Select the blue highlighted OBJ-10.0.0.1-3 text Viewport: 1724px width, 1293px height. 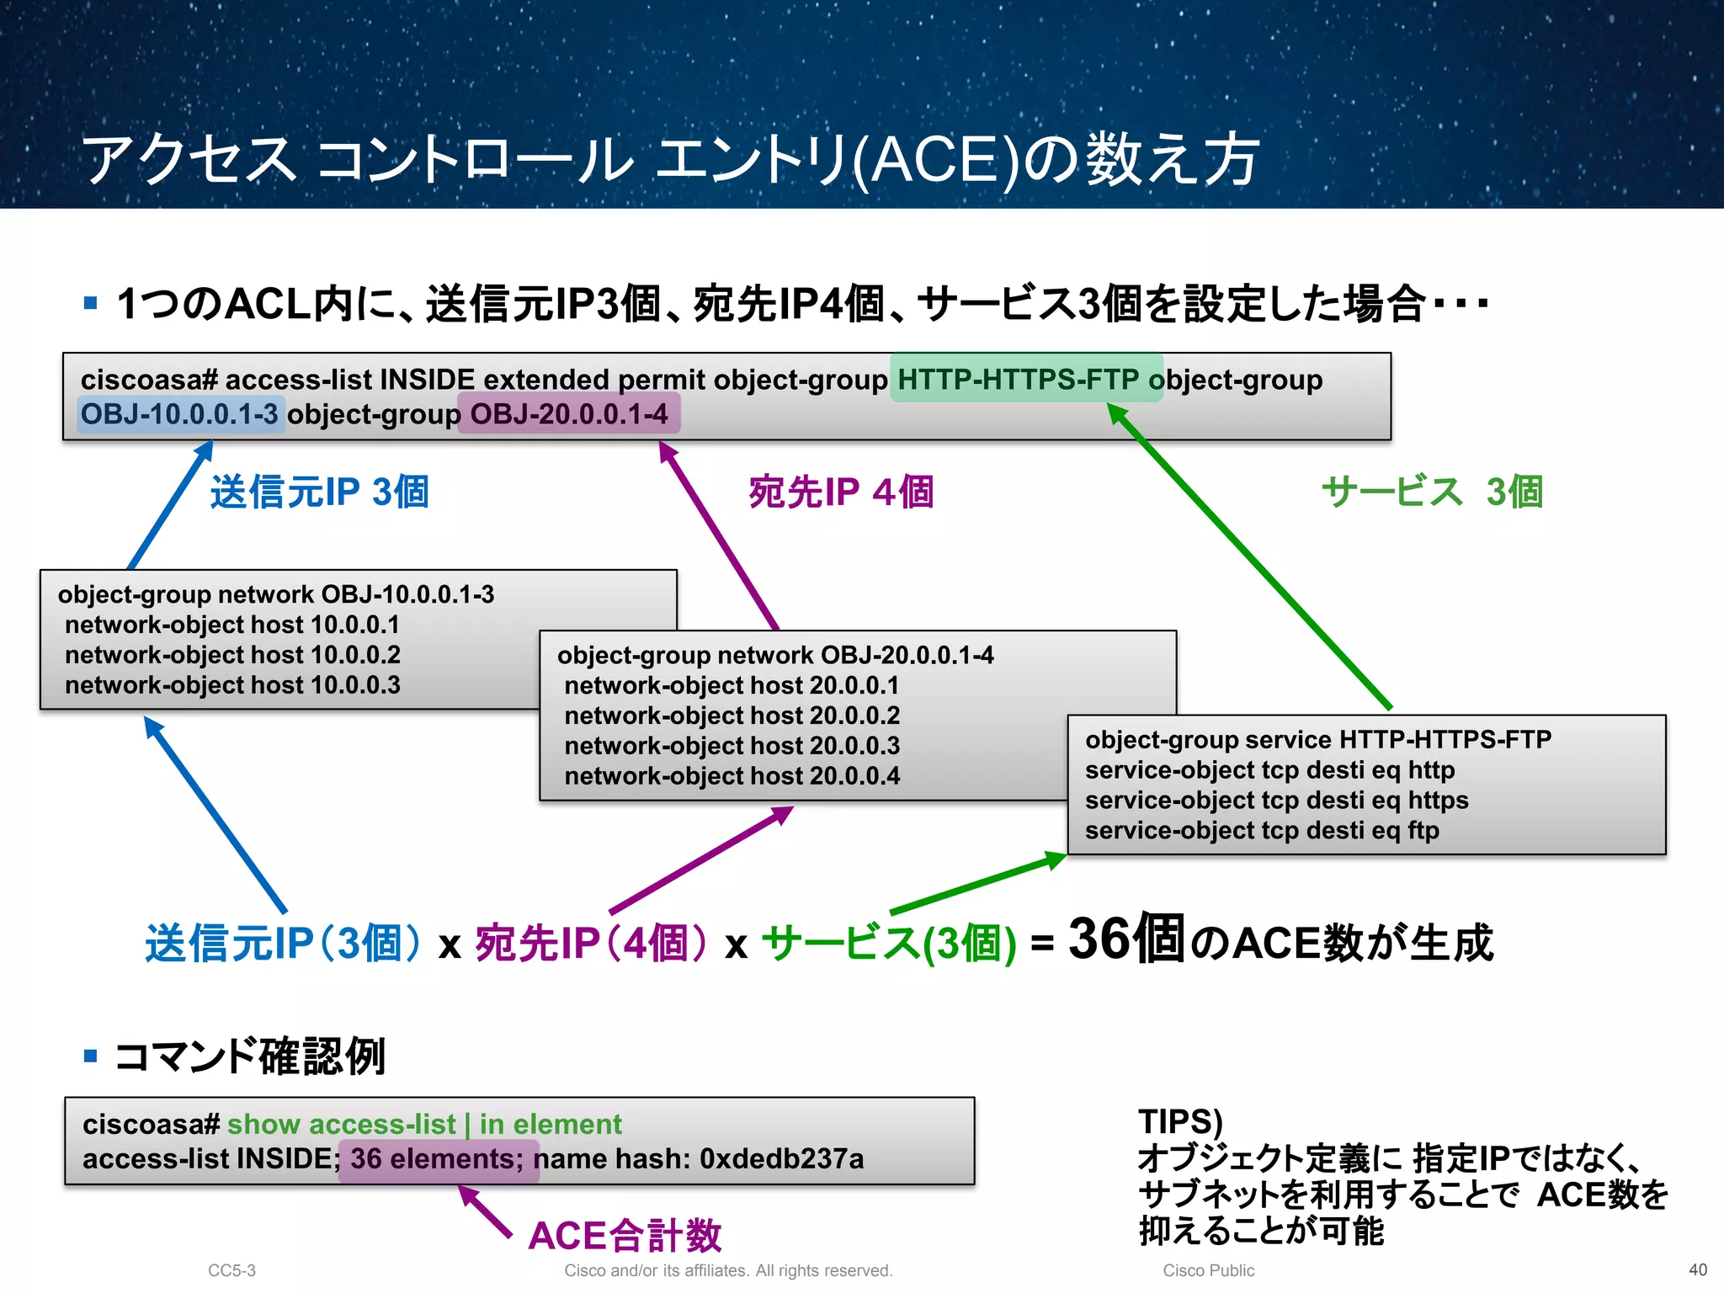pos(179,414)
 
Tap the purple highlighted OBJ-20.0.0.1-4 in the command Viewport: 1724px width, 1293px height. pos(569,414)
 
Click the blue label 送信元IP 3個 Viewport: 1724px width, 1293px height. pos(319,492)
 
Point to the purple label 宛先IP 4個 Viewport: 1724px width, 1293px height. pos(840,492)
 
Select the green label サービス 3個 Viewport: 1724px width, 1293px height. pos(1431,492)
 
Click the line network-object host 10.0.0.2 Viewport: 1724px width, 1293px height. pos(232,655)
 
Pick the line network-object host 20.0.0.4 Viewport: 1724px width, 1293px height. pos(732,775)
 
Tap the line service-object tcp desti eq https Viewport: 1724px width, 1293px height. pos(1276,800)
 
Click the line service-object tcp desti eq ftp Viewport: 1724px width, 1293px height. pos(1261,830)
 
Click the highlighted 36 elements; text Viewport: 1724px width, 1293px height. pos(437,1159)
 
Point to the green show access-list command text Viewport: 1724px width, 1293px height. pos(424,1124)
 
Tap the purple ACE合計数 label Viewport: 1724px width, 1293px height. pos(625,1235)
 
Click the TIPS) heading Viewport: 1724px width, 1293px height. pos(1180,1121)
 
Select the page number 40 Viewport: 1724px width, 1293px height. pos(1698,1269)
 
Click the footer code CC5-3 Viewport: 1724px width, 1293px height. pos(231,1270)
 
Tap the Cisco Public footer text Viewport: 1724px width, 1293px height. pos(1208,1270)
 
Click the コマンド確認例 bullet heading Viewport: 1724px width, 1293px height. pos(249,1056)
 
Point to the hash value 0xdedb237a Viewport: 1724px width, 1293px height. pos(781,1159)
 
